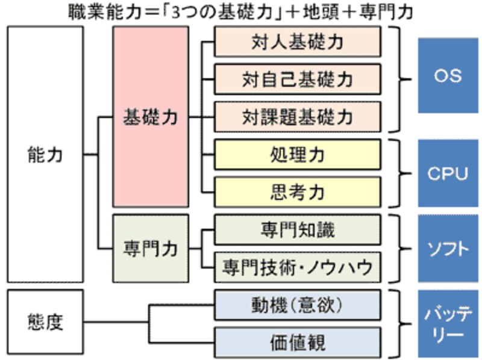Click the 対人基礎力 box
click(x=298, y=42)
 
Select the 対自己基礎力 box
click(x=298, y=79)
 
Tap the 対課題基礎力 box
click(x=298, y=116)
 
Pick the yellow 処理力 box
click(x=298, y=154)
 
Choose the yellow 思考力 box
click(x=298, y=192)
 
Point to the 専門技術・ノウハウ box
click(x=298, y=265)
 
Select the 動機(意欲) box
click(x=298, y=306)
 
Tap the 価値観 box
click(x=298, y=343)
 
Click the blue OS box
click(x=448, y=76)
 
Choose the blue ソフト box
click(x=448, y=248)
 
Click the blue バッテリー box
click(x=448, y=324)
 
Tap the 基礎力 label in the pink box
click(x=151, y=117)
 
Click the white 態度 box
click(x=45, y=323)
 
